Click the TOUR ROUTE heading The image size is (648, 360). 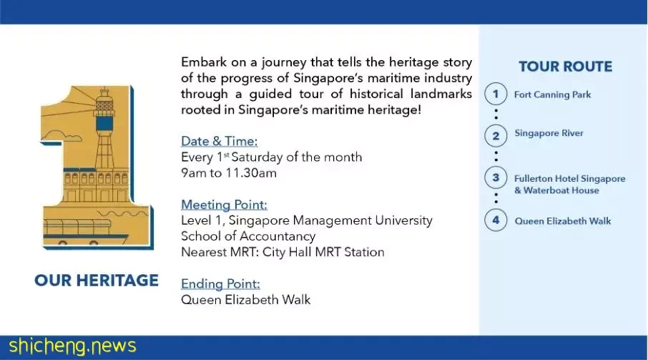click(x=565, y=67)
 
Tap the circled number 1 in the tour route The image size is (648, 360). click(x=496, y=94)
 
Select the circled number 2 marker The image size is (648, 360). click(x=496, y=135)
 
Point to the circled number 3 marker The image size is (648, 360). click(x=496, y=177)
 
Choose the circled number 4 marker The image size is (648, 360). click(x=496, y=220)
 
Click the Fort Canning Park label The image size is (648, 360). click(x=553, y=94)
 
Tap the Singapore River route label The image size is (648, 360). click(x=549, y=133)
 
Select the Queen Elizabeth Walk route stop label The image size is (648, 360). click(x=562, y=221)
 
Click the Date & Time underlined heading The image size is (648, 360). click(x=220, y=142)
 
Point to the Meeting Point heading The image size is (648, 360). click(x=224, y=205)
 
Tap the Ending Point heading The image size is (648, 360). click(x=221, y=284)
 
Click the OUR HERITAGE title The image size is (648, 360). click(x=97, y=281)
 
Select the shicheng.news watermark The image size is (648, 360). click(x=72, y=346)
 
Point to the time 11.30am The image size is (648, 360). click(x=251, y=172)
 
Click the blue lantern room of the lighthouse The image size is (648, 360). click(x=104, y=123)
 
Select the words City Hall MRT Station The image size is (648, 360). click(x=323, y=252)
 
